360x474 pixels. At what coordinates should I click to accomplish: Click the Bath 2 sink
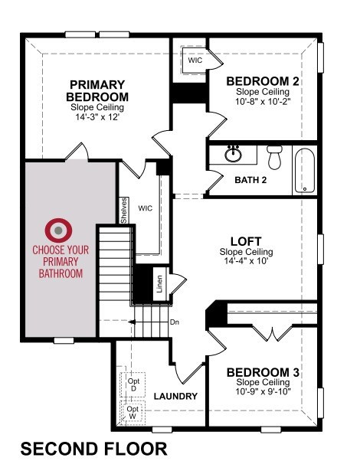(233, 154)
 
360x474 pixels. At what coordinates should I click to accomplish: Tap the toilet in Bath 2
(274, 157)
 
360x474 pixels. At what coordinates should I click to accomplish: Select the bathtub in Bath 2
(305, 171)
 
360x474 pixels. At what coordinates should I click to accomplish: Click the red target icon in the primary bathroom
(58, 230)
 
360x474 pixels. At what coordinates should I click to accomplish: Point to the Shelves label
(124, 211)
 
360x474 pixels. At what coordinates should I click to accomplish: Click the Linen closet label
(159, 284)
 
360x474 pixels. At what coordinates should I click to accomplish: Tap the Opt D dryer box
(133, 384)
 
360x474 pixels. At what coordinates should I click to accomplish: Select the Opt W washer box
(133, 413)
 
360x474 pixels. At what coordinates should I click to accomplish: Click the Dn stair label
(175, 322)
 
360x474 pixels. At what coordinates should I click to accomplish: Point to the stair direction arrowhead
(132, 322)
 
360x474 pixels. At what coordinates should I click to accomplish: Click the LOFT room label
(246, 241)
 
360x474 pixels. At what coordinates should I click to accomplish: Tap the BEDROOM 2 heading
(263, 81)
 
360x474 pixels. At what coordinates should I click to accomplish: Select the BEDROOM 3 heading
(263, 372)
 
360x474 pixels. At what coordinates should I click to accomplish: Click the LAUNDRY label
(175, 396)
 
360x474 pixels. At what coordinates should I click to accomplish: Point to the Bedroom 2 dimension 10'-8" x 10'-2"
(263, 101)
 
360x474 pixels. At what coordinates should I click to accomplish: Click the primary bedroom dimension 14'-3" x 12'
(97, 116)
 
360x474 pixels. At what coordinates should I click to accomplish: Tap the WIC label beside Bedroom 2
(195, 60)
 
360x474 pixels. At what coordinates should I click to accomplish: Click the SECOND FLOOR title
(93, 448)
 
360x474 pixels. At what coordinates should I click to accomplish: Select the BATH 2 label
(250, 180)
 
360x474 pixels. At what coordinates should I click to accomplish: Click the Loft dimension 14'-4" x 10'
(246, 260)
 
